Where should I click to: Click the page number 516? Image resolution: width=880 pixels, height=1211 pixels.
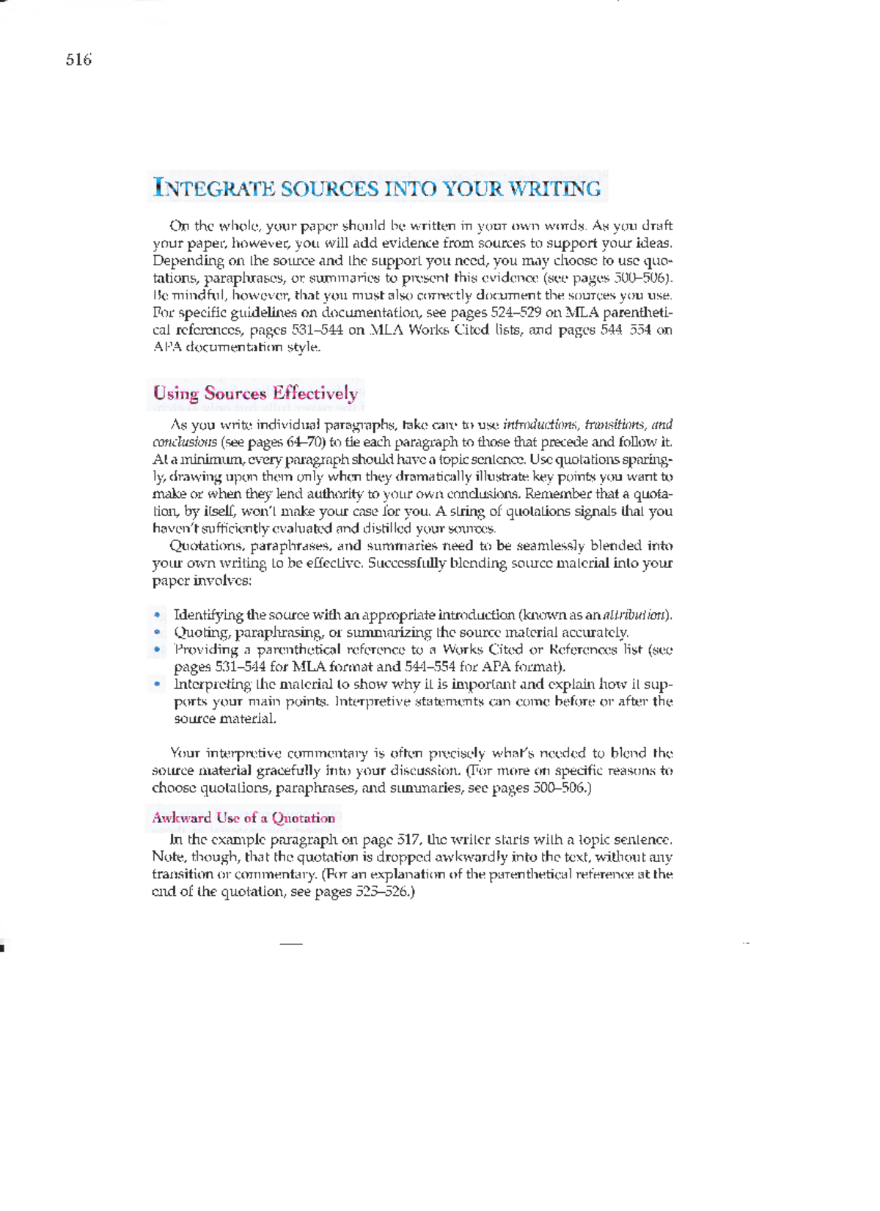pyautogui.click(x=78, y=60)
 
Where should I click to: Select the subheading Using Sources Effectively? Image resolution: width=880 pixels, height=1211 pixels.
pyautogui.click(x=255, y=393)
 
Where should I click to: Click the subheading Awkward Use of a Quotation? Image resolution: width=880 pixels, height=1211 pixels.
pyautogui.click(x=243, y=818)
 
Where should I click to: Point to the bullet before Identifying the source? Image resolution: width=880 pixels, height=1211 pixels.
pyautogui.click(x=157, y=615)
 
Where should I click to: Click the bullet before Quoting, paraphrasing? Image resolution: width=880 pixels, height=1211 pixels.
pyautogui.click(x=157, y=632)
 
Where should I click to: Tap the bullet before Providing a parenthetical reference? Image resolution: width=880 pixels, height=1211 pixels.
pyautogui.click(x=157, y=649)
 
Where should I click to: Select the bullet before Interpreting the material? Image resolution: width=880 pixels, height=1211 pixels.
pyautogui.click(x=157, y=684)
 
